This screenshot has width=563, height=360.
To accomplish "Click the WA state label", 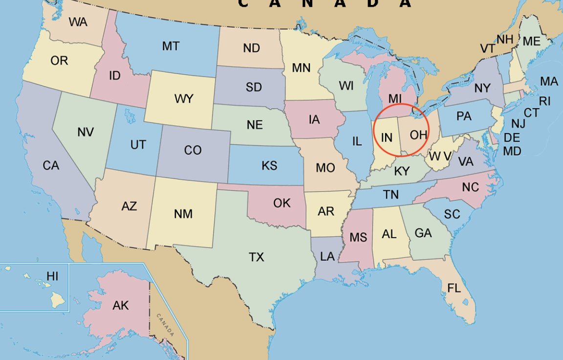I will [78, 22].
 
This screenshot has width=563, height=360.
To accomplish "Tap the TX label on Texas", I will [257, 257].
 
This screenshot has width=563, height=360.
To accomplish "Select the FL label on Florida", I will [454, 288].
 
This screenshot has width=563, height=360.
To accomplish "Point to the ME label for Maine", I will [531, 42].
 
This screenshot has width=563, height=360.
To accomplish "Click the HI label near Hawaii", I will [52, 276].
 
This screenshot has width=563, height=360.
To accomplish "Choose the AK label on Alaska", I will [121, 306].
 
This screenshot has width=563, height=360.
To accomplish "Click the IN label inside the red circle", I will [387, 137].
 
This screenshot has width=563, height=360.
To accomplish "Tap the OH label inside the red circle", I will [418, 135].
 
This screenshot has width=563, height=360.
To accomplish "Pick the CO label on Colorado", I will [193, 150].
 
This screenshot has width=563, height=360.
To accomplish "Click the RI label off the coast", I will [544, 101].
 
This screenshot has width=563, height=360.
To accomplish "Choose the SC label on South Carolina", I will [452, 214].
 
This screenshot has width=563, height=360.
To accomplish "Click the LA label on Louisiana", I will [327, 256].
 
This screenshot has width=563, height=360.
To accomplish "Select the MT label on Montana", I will [171, 46].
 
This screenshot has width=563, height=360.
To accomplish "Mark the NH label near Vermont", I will [505, 40].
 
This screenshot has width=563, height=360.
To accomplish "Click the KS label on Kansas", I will [269, 166].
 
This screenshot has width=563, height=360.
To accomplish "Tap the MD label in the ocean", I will [512, 152].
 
